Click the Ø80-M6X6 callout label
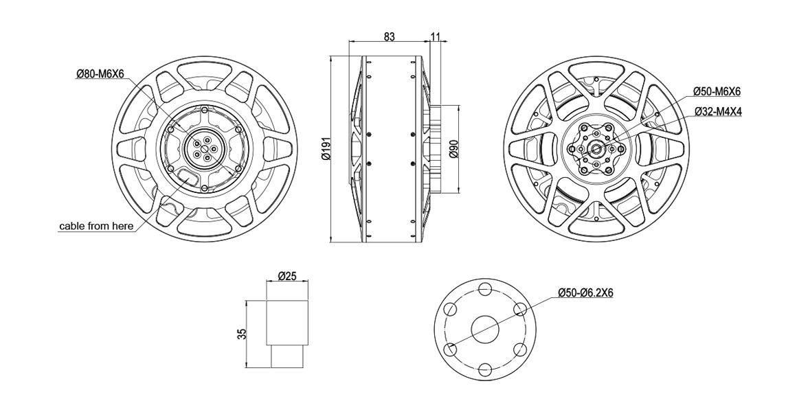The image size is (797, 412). click(x=100, y=74)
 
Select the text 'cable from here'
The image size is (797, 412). click(x=97, y=225)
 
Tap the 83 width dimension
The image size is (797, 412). click(x=389, y=36)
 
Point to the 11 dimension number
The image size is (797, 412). click(x=435, y=36)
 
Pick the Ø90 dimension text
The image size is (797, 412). click(x=455, y=149)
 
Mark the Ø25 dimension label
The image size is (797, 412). click(x=287, y=276)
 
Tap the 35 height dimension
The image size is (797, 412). click(x=242, y=334)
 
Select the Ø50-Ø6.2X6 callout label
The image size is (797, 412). click(x=585, y=293)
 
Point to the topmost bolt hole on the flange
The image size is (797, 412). click(x=485, y=288)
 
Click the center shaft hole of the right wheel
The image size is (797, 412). click(x=596, y=149)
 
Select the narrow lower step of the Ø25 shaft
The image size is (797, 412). click(x=288, y=356)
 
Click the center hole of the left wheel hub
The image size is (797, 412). click(x=204, y=149)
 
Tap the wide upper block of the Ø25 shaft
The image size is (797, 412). click(x=288, y=323)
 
